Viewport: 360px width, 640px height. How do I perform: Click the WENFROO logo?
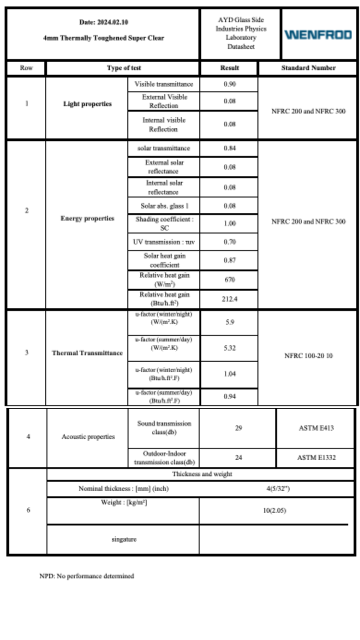pos(318,34)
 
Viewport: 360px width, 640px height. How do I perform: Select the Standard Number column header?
pos(308,68)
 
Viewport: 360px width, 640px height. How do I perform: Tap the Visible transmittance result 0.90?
pos(229,84)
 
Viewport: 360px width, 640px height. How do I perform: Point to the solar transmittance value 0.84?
pos(229,148)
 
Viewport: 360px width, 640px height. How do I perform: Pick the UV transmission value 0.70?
pos(229,242)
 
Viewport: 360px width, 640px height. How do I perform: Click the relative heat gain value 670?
pos(229,279)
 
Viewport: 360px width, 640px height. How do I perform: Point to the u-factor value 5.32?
pos(229,348)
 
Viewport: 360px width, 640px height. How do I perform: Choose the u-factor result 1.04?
pos(229,373)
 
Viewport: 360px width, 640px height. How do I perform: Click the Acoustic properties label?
pos(88,436)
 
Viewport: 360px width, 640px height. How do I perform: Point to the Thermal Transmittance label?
pos(87,353)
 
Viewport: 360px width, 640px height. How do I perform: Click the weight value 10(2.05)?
pos(274,510)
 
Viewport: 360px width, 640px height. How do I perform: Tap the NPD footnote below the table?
pos(86,576)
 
